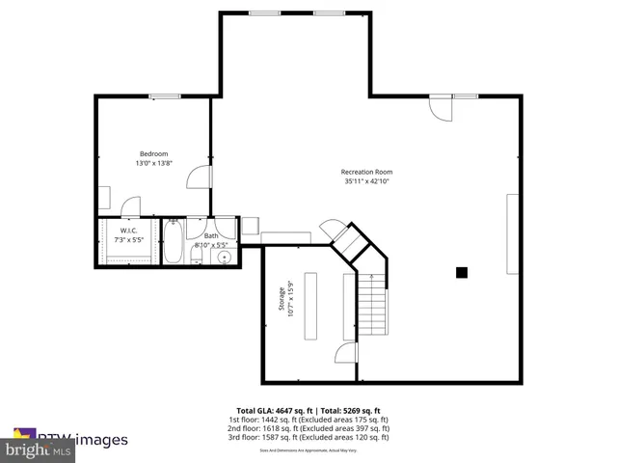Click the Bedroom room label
coord(154,154)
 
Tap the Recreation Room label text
coord(367,172)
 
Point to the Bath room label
coord(210,235)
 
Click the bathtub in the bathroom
coord(173,243)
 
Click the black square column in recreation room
coord(462,273)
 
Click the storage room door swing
coord(342,354)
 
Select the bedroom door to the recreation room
coord(200,177)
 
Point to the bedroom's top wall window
coord(164,95)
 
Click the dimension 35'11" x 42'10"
coord(367,181)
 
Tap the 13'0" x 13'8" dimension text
coord(154,164)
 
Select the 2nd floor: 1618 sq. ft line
coord(308,428)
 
